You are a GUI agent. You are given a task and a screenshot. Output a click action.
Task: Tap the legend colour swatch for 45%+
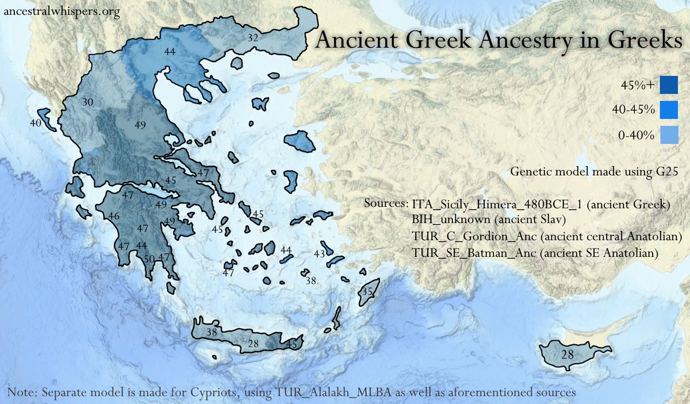(669, 85)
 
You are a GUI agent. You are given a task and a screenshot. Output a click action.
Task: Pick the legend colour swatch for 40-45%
(669, 109)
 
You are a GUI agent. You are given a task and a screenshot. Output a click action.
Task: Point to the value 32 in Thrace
(252, 38)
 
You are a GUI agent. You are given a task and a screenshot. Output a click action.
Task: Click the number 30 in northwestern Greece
(88, 102)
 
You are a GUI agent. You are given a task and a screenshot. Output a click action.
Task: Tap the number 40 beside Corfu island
(36, 123)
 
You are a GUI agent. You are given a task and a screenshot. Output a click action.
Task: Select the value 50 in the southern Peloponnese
(149, 259)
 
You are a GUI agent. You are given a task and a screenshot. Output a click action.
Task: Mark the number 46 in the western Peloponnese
(114, 217)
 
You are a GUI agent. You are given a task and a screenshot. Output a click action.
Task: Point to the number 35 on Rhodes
(367, 292)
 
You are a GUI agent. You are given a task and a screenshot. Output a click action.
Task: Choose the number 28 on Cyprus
(567, 355)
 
